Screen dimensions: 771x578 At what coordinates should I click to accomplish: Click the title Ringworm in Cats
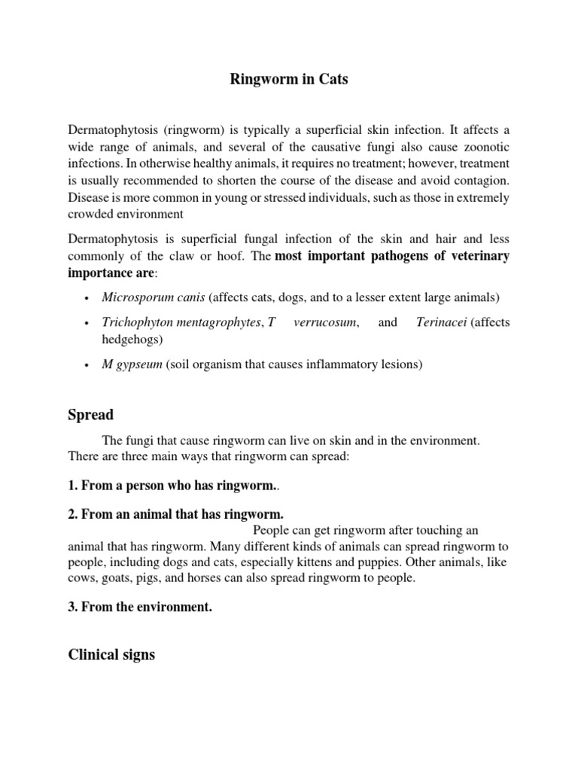pyautogui.click(x=289, y=79)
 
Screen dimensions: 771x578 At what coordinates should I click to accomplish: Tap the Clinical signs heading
pyautogui.click(x=111, y=654)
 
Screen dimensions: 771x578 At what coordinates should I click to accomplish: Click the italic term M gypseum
pyautogui.click(x=132, y=364)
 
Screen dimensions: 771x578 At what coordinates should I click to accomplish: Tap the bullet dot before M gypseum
pyautogui.click(x=89, y=365)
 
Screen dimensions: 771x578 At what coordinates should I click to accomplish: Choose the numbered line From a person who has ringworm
pyautogui.click(x=173, y=487)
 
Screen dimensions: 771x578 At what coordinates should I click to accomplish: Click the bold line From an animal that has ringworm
pyautogui.click(x=176, y=515)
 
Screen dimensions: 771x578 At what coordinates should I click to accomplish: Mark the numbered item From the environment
pyautogui.click(x=140, y=608)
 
